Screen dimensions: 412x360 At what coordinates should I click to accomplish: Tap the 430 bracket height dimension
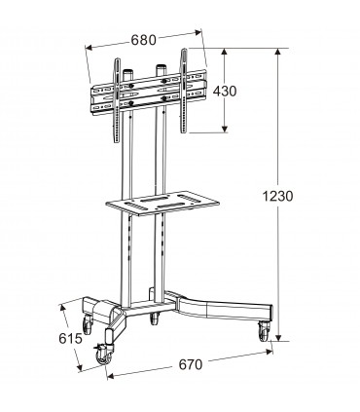(252, 91)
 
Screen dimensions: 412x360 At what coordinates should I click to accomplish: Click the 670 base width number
(190, 365)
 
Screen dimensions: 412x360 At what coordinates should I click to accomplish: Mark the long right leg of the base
(219, 307)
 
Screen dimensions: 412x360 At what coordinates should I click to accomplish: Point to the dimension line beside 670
(185, 377)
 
